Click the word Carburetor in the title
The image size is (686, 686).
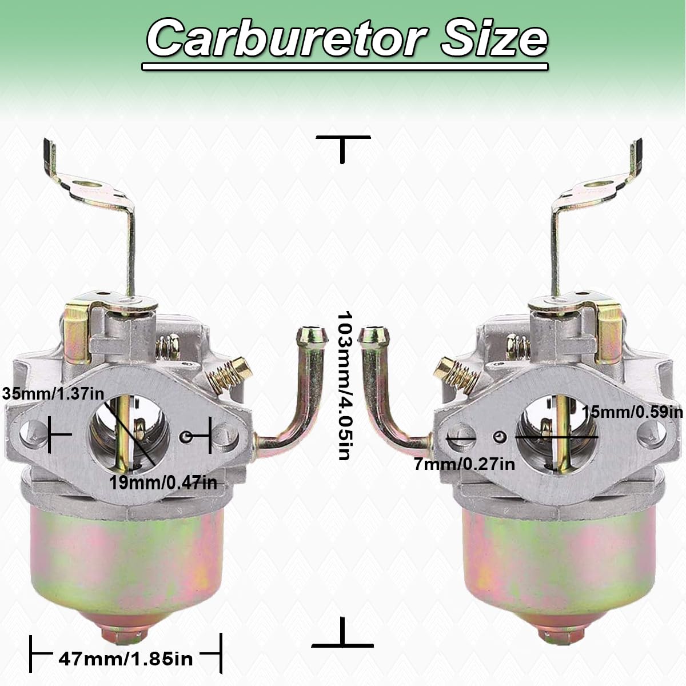[x=287, y=39]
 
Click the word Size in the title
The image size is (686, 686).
[x=494, y=39]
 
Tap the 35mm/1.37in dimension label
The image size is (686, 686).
[x=53, y=394]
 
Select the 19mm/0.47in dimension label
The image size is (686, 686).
[x=163, y=483]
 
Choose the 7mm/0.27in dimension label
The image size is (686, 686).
[x=464, y=464]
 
